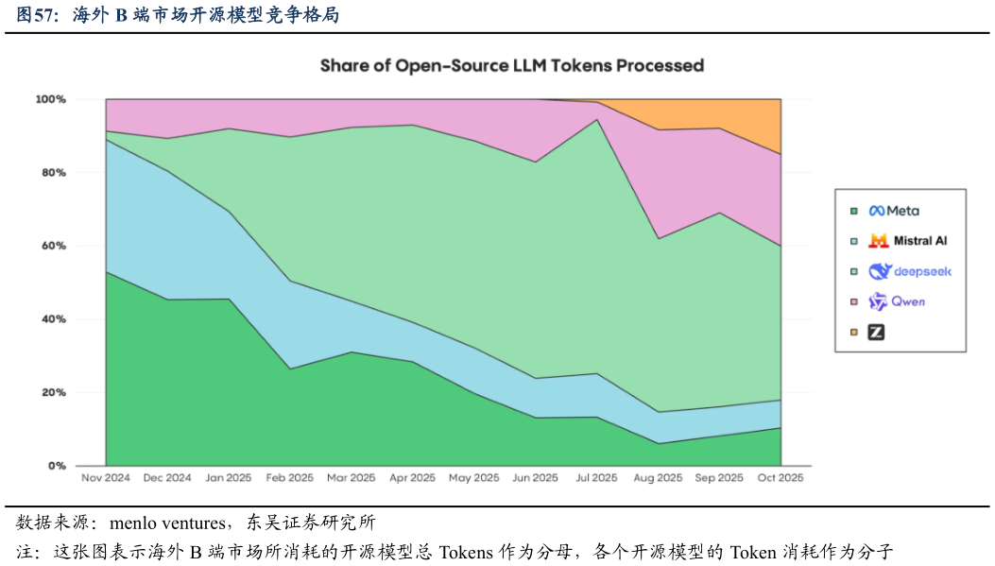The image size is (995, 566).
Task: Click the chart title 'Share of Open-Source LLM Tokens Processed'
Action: coord(511,65)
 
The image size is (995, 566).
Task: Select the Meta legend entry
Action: coord(894,211)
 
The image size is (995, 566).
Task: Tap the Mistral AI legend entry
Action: coord(908,241)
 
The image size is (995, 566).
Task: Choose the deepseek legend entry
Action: coord(910,271)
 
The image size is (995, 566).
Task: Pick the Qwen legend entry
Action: coord(897,301)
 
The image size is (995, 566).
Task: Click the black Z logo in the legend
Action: coord(877,332)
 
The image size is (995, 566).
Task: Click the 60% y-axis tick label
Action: coord(53,246)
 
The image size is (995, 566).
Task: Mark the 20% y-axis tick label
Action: coord(53,392)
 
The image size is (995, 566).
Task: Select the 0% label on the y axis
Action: coord(56,466)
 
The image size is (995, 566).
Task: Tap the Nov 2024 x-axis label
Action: coord(106,478)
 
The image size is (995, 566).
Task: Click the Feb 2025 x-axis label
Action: coord(290,478)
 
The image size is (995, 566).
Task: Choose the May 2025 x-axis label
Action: coord(473,478)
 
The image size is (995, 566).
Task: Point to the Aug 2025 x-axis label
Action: coord(658,478)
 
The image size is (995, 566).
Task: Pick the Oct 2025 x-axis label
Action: coord(781,478)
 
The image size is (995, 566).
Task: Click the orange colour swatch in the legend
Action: coord(853,332)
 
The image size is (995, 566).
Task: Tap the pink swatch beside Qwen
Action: coord(853,301)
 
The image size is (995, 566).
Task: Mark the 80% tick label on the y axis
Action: coord(53,173)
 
